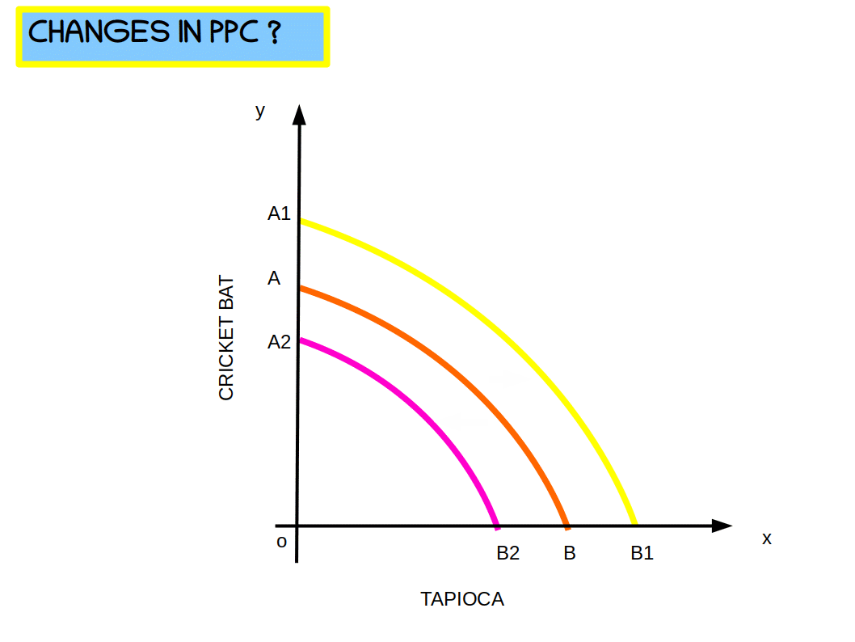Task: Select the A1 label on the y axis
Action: click(279, 214)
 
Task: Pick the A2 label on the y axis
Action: click(279, 343)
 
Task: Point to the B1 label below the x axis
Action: click(642, 554)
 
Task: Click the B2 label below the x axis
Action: click(508, 554)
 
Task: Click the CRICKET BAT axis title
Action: click(226, 339)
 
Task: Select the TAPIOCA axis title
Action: click(462, 599)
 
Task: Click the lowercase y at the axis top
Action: click(259, 112)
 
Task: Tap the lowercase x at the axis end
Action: click(767, 539)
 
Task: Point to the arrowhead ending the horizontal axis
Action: click(721, 526)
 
